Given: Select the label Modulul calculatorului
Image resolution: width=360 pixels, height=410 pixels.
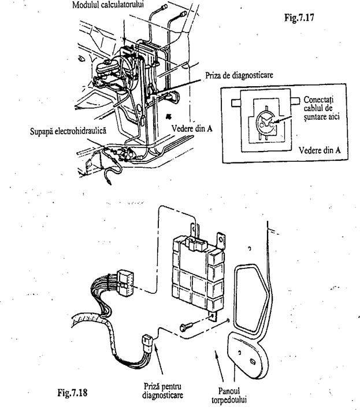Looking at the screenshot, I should coord(112,5).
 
